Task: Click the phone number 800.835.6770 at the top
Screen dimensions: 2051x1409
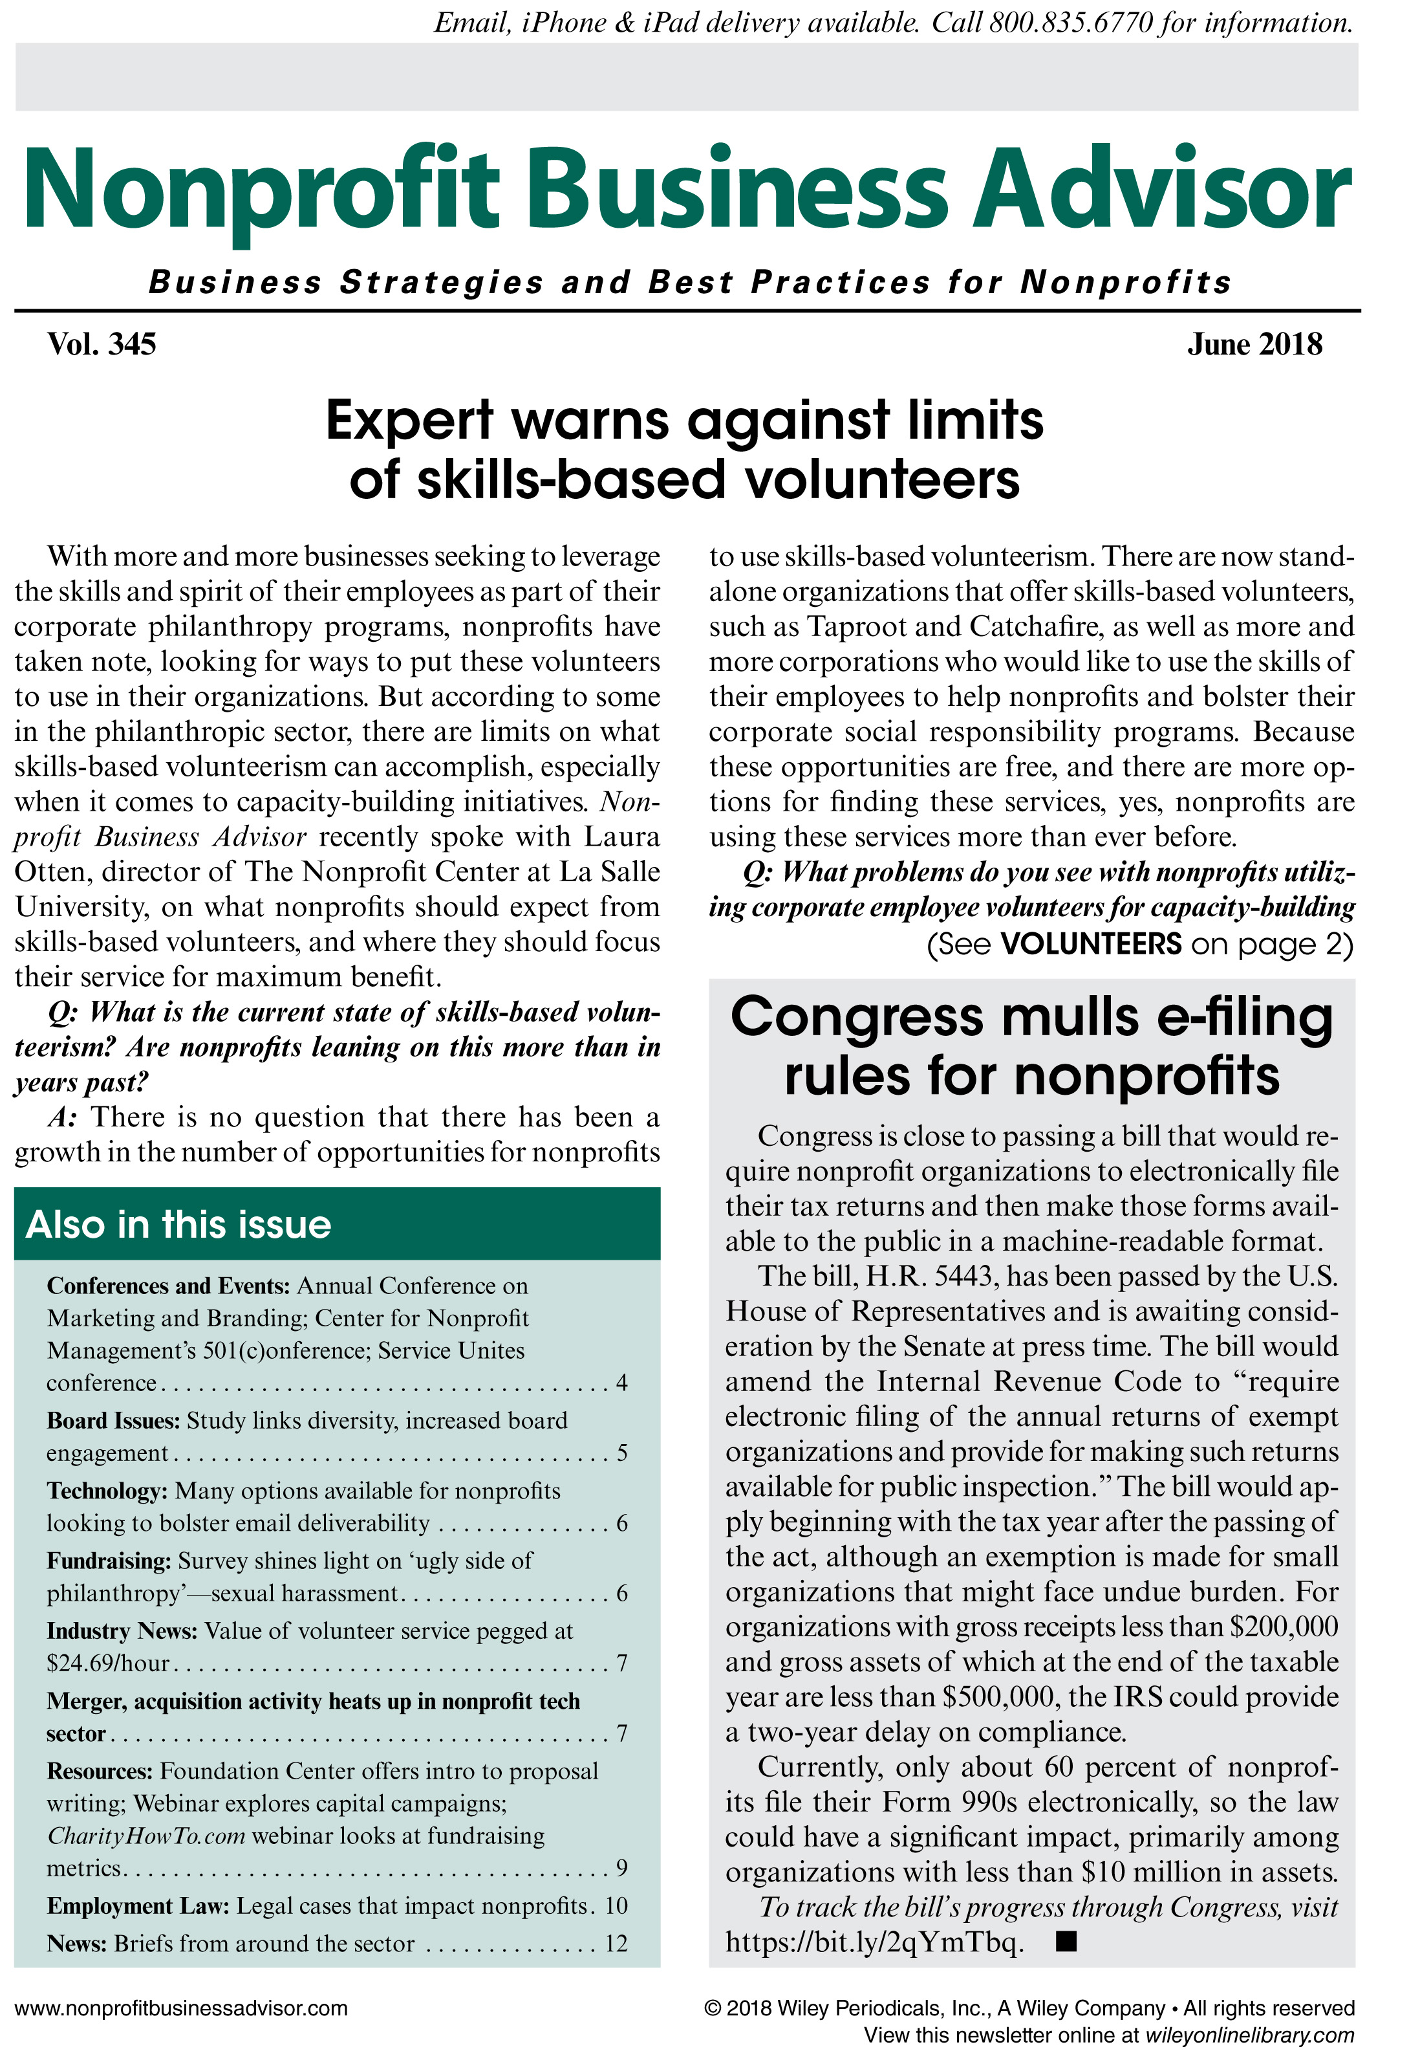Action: (1070, 22)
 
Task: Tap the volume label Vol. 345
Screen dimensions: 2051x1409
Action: (102, 344)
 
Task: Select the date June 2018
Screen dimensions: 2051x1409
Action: (1254, 344)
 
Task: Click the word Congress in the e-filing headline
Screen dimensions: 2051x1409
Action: (855, 1018)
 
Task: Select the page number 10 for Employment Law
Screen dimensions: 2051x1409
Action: (616, 1906)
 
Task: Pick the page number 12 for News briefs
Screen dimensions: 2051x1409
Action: (616, 1944)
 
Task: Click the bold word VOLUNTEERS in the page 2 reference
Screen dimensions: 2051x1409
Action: (1090, 944)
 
